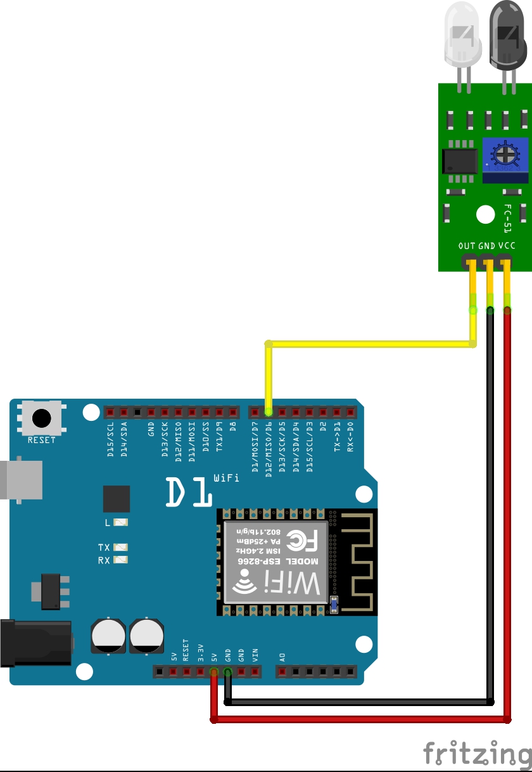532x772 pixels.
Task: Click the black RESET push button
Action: tap(42, 418)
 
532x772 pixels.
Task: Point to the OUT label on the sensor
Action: tap(467, 246)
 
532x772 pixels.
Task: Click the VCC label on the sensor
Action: tap(506, 246)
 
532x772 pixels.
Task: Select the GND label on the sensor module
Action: tap(486, 246)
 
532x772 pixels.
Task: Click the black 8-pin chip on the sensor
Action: tap(460, 160)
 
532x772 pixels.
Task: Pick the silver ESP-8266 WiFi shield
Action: tap(275, 562)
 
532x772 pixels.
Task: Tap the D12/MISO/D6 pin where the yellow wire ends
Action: tap(269, 413)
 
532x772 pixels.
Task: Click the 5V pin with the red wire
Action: tap(214, 672)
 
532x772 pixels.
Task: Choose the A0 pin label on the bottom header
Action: tap(282, 657)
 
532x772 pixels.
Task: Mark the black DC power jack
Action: tap(35, 643)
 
